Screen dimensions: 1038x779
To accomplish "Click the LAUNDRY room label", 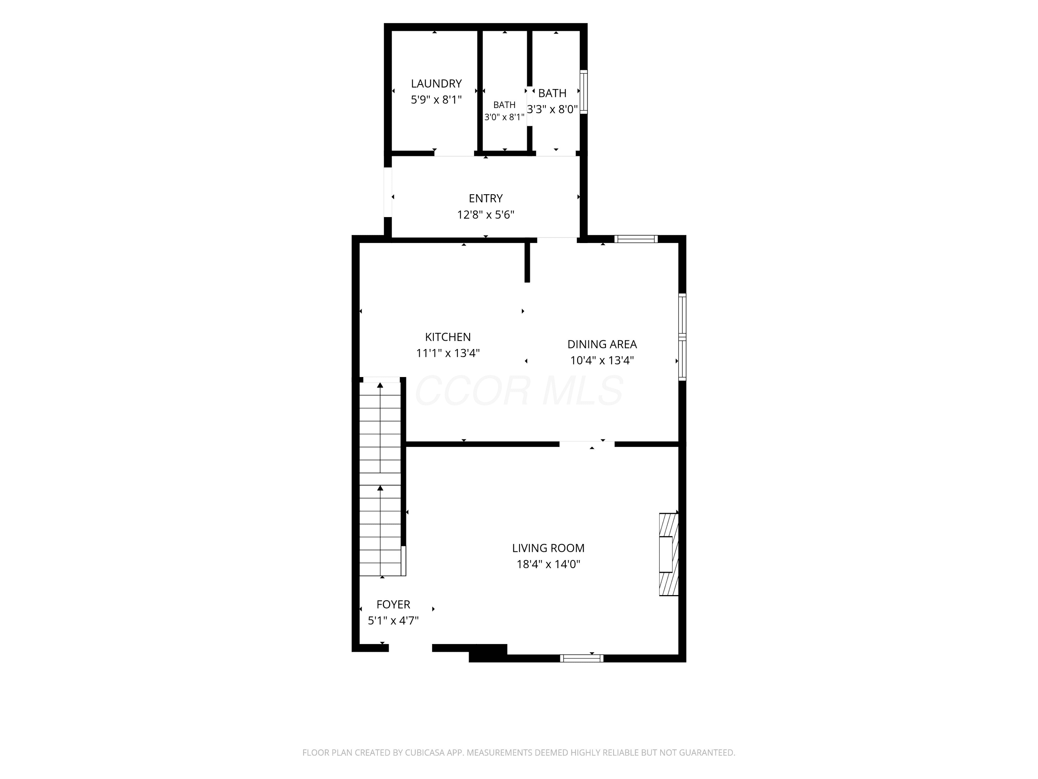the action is pos(436,83).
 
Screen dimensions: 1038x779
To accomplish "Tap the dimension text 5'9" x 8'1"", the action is pos(436,100).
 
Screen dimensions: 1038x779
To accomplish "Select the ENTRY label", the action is pos(486,198).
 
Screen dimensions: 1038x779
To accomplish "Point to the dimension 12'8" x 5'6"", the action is pos(486,215).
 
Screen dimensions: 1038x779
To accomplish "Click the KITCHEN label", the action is pos(448,337).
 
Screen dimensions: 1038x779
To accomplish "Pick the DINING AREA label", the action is pos(602,344).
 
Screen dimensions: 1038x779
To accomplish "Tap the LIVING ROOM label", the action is pos(548,548).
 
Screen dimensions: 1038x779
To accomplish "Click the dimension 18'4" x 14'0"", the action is pos(548,564).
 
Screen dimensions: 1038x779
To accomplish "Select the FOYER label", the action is pos(393,604).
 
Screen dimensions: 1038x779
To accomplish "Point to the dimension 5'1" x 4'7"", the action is pos(393,621).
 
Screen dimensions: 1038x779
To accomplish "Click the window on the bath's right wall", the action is pos(584,92).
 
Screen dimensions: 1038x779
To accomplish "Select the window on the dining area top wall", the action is pos(636,239).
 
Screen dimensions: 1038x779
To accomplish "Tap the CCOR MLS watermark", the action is pos(519,391).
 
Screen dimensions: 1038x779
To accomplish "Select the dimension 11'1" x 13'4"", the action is pos(448,353).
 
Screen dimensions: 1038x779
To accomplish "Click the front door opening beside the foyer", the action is pos(410,648).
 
